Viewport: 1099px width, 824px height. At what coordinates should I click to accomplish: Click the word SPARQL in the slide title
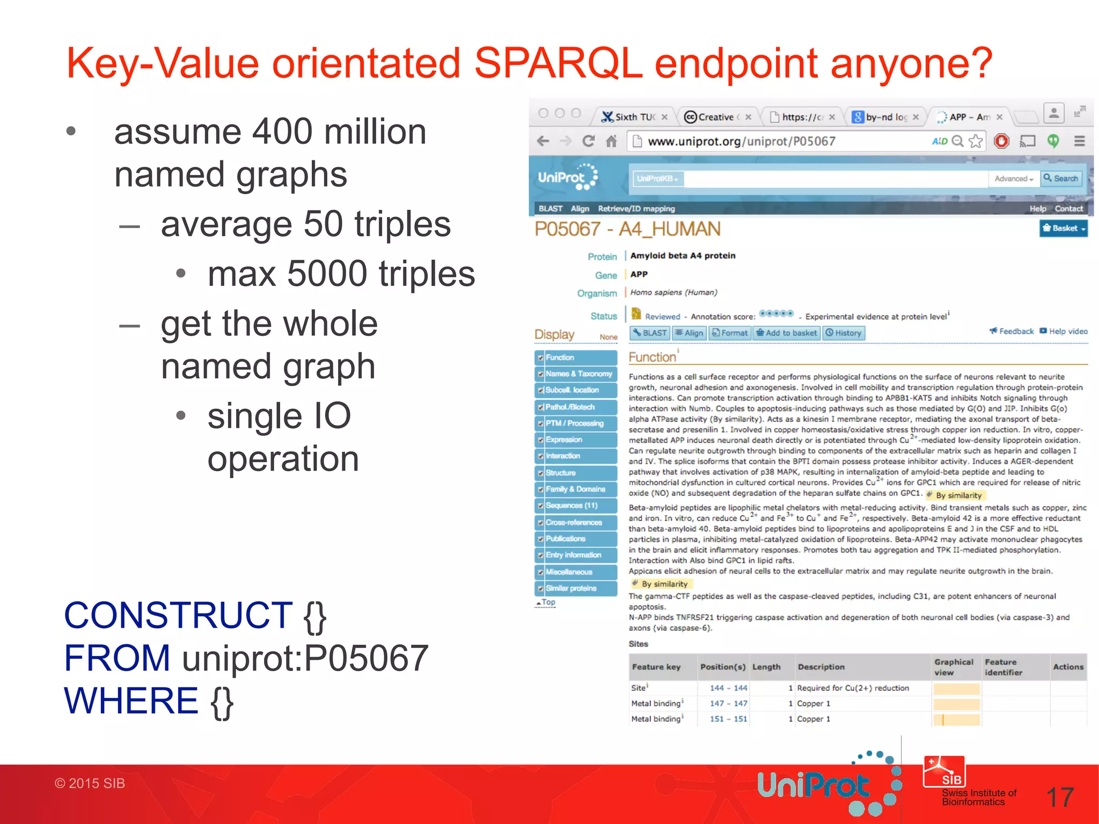click(x=558, y=63)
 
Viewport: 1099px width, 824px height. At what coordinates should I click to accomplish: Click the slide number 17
click(x=1060, y=798)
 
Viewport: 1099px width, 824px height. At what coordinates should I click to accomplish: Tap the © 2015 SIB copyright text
click(x=90, y=783)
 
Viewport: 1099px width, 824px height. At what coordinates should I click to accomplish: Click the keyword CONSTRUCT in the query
click(x=178, y=615)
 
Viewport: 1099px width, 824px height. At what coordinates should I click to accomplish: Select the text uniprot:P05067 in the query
click(x=305, y=658)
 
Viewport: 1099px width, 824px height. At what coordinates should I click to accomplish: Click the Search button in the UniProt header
click(x=1061, y=179)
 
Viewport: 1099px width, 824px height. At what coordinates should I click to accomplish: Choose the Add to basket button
click(x=786, y=333)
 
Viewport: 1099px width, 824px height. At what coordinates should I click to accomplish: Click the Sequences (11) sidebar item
click(x=572, y=505)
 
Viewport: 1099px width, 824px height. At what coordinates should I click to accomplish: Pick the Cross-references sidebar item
click(x=574, y=522)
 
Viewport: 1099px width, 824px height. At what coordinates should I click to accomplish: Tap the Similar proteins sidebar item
click(x=571, y=588)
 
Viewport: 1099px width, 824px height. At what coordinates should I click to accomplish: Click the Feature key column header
click(x=656, y=667)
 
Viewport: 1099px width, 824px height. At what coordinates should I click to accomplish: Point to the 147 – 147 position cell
click(x=728, y=703)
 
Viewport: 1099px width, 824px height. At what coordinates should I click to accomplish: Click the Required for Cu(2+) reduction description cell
click(x=853, y=688)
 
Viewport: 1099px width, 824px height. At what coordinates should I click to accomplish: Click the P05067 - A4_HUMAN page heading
click(x=627, y=230)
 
